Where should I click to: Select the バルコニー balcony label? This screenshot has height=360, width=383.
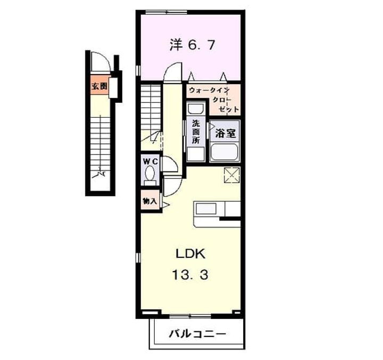(x=197, y=334)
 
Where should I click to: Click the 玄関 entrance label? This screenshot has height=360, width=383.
(x=98, y=86)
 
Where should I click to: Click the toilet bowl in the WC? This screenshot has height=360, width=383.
(x=150, y=174)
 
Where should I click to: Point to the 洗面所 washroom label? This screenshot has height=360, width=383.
(x=196, y=133)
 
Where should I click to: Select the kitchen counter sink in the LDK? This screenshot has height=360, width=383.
(x=205, y=208)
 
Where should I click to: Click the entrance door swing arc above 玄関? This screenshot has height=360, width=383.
(x=101, y=61)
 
